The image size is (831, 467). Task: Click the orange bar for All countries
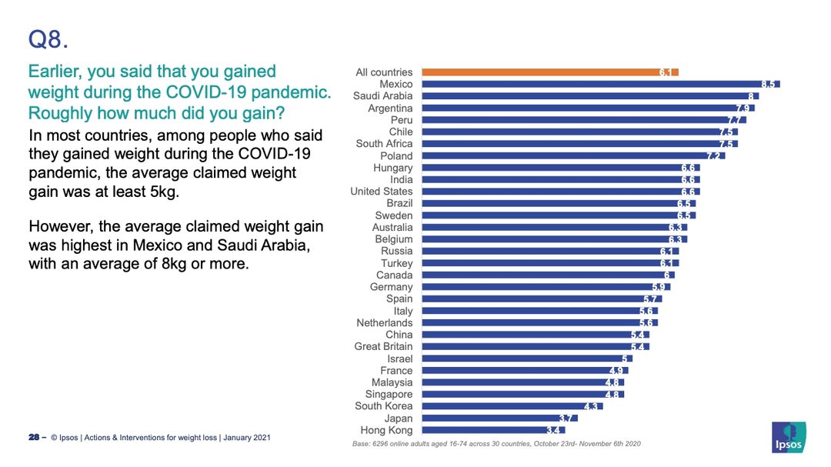coord(550,72)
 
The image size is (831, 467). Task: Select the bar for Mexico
coord(601,84)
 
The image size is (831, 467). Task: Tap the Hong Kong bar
coord(493,430)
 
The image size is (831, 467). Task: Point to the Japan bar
coord(500,419)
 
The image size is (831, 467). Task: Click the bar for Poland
coord(573,156)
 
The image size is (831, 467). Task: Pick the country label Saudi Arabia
coord(382,96)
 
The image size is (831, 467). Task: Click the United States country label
coord(381,192)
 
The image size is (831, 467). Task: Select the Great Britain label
coord(383,346)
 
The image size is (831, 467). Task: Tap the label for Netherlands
coord(384,323)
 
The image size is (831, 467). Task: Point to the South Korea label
coord(384,406)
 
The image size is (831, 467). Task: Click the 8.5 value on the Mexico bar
coord(768,85)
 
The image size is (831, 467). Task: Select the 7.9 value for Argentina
coord(743,108)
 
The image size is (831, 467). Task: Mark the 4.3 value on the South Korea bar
coord(590,406)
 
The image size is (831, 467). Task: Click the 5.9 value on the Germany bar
coord(658,287)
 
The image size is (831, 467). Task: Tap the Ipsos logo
coord(789,437)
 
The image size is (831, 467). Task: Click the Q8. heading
coord(48,40)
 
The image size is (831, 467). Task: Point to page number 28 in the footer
coord(34,437)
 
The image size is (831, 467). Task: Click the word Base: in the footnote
coord(362,444)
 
